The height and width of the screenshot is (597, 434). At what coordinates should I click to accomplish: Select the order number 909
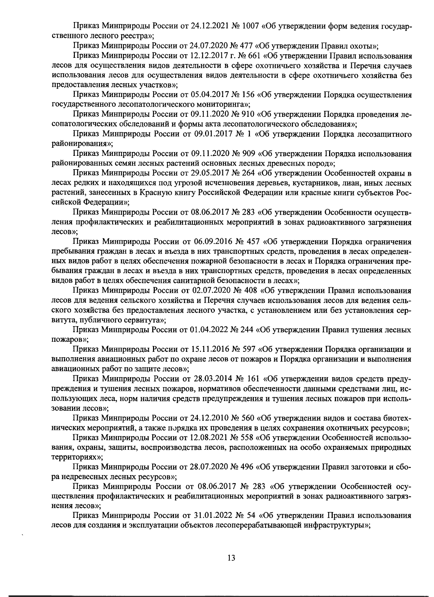(248, 154)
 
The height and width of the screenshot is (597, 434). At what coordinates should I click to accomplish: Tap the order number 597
(248, 349)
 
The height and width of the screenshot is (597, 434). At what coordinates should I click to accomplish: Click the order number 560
(248, 418)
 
